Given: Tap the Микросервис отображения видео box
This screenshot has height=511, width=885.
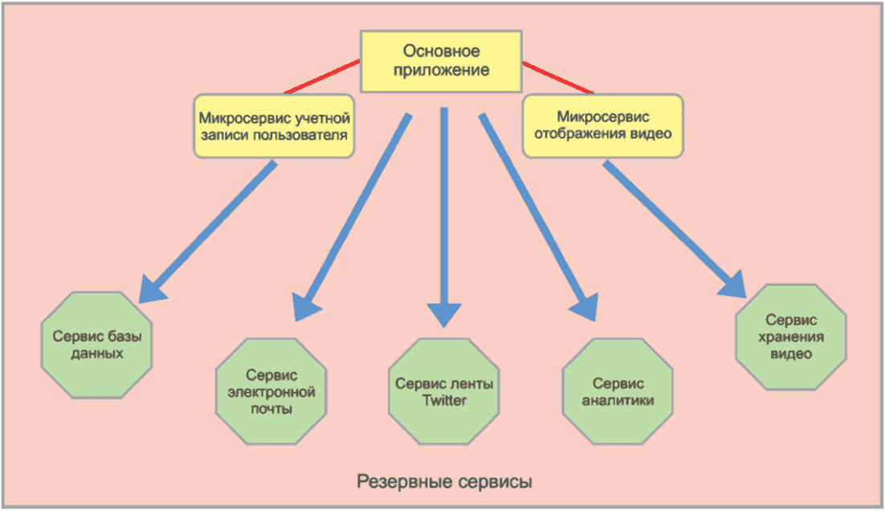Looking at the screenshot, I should [603, 125].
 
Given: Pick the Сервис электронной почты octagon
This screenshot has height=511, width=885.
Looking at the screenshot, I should [271, 391].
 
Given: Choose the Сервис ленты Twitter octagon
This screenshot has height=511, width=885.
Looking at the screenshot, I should [444, 391].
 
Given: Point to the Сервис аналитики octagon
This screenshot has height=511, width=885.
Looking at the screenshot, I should [617, 391].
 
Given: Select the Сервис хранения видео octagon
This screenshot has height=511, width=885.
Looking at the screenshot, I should [791, 337].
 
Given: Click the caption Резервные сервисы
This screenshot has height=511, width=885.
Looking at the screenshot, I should [444, 482].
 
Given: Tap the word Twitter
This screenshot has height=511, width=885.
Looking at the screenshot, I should [444, 400].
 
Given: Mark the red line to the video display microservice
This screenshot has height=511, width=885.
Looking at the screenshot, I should [559, 78].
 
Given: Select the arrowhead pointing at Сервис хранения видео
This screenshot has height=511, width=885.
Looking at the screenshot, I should [736, 286].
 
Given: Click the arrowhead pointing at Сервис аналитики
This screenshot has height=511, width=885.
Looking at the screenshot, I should [584, 305].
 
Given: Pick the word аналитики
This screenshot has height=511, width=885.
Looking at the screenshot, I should [617, 400].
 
